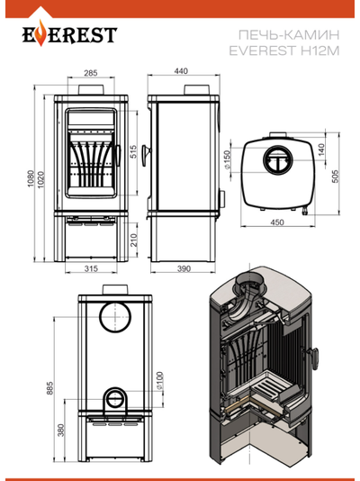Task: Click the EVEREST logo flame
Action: (x=40, y=36)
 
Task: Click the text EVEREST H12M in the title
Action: (x=284, y=50)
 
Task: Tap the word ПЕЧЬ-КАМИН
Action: (x=289, y=35)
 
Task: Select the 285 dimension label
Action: (x=91, y=73)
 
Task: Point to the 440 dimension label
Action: (x=181, y=71)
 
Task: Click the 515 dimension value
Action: (x=133, y=151)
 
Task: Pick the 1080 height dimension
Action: (x=31, y=179)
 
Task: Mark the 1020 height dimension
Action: (x=40, y=180)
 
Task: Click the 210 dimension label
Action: (x=134, y=240)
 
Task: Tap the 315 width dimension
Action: (x=91, y=268)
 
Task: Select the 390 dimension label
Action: (x=184, y=268)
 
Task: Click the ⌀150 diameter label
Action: (x=227, y=159)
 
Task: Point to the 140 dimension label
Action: (x=321, y=150)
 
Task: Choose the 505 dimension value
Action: (x=336, y=177)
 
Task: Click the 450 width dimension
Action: (x=277, y=222)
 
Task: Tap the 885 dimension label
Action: (x=49, y=388)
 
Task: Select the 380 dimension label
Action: (x=61, y=430)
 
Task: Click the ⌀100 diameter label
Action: (x=159, y=381)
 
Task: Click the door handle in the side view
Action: (x=146, y=155)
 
